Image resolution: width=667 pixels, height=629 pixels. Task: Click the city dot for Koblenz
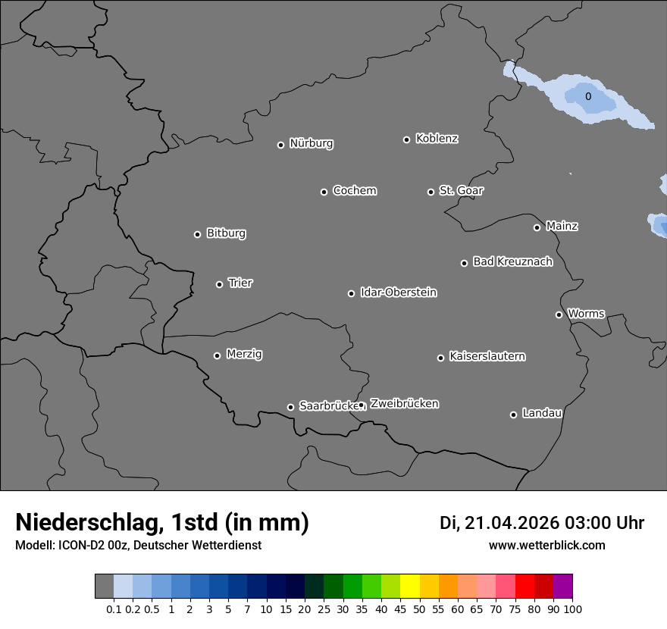click(x=406, y=139)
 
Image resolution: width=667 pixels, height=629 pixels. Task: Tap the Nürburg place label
click(x=311, y=143)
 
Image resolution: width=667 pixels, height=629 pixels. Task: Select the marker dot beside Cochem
click(x=324, y=192)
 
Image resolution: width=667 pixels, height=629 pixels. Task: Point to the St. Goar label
click(x=461, y=190)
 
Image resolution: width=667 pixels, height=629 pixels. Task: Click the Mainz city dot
click(x=537, y=227)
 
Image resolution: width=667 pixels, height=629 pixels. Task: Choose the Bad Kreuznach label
click(x=512, y=261)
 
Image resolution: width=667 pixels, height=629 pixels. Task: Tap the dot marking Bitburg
click(x=197, y=234)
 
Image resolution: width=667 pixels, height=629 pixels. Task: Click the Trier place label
click(x=240, y=283)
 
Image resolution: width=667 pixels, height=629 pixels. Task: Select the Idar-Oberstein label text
click(x=398, y=292)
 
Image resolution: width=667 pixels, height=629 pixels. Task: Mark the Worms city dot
click(x=559, y=314)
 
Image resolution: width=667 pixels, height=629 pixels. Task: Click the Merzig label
click(x=244, y=354)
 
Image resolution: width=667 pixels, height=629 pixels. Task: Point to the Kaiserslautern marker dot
click(x=440, y=358)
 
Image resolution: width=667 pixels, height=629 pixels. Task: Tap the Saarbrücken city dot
click(x=290, y=407)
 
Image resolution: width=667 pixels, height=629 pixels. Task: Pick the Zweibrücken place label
click(x=404, y=403)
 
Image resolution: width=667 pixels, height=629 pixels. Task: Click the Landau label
click(x=542, y=413)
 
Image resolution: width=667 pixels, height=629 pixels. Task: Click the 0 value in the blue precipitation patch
click(x=588, y=96)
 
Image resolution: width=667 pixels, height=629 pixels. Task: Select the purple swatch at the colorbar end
click(x=562, y=586)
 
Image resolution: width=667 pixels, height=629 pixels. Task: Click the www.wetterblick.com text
click(x=546, y=545)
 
